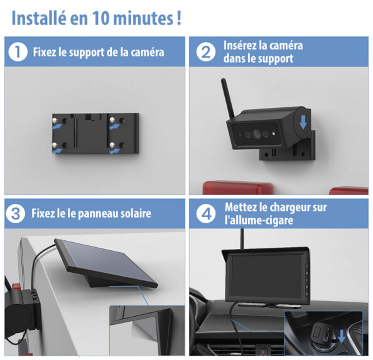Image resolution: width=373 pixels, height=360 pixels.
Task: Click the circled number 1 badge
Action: coord(17,52)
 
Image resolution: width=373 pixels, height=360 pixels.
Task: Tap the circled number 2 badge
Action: coord(205,52)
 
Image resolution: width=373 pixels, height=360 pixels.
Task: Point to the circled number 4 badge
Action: coord(205,214)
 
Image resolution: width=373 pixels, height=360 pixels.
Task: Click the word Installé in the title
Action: coord(38,18)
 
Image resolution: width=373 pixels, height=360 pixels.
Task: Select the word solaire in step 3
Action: coord(131,214)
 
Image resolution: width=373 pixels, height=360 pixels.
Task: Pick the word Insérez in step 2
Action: coord(241,46)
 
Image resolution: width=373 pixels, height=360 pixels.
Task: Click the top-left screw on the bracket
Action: coord(55,120)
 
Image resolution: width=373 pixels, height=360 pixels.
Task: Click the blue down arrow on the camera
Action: coord(303,120)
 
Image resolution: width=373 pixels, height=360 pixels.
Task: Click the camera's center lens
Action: coord(257,134)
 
